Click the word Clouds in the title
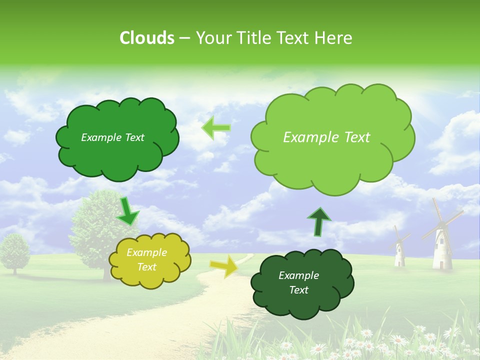tap(147, 38)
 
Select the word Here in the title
tap(334, 38)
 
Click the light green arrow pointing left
tap(216, 127)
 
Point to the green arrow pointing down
tap(127, 211)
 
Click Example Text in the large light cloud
tap(326, 137)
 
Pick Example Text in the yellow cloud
tap(147, 260)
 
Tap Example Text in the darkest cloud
tap(299, 283)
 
